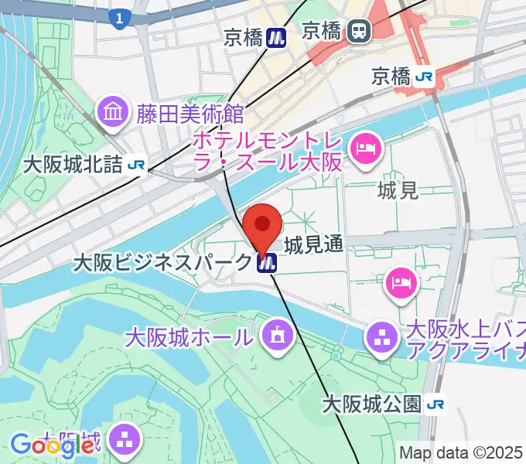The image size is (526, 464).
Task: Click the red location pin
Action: point(262,227)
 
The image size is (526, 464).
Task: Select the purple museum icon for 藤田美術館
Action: point(114,114)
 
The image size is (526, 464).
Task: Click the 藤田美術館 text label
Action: point(190,114)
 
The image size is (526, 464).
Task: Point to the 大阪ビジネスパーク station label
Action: point(162,263)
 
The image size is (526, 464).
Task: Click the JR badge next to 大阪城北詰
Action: point(138,165)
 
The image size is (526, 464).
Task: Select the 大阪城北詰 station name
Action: point(73,165)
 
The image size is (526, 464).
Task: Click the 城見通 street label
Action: point(313,245)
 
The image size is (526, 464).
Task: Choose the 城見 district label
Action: point(398,190)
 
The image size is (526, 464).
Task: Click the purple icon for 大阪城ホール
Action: point(275,336)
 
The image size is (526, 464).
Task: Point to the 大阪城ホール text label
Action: point(189,337)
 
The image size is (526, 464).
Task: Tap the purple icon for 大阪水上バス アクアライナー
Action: point(381,337)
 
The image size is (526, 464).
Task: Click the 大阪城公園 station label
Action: point(371,404)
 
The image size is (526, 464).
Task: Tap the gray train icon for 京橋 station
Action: point(360,31)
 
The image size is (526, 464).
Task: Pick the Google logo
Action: point(53,445)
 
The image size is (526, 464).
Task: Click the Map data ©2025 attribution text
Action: point(460,452)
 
